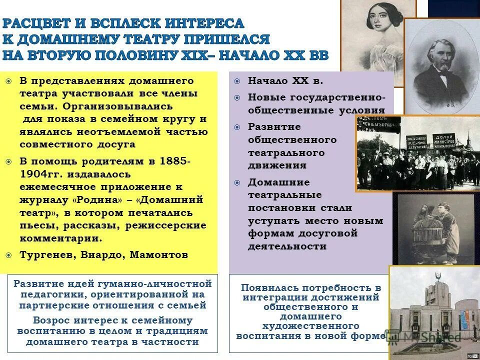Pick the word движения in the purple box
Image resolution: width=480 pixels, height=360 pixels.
tap(277, 165)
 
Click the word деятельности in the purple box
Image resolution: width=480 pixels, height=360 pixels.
tap(287, 246)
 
